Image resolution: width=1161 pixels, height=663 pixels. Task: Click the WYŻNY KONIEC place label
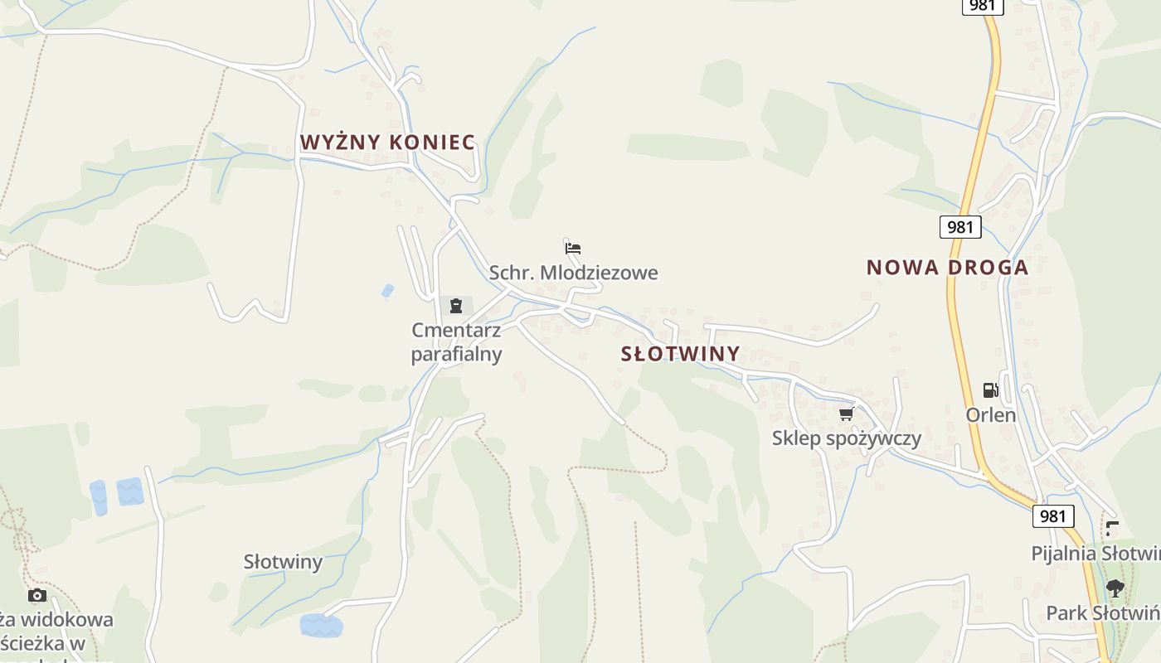click(387, 143)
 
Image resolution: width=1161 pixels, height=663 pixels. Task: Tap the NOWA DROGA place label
click(947, 268)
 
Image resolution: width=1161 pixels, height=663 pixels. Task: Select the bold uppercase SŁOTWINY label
click(680, 354)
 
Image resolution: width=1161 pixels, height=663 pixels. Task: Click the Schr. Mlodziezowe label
click(573, 273)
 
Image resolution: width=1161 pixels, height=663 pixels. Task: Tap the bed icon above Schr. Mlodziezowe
click(573, 248)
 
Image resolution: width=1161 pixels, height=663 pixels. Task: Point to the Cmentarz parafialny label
click(457, 342)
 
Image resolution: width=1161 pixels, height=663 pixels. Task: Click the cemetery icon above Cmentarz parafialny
click(455, 306)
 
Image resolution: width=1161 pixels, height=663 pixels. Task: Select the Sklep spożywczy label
click(846, 438)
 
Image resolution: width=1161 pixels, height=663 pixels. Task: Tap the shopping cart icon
click(846, 414)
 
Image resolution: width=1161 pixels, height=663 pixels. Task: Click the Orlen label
click(990, 414)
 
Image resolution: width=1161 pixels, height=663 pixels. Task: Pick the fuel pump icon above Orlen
click(990, 390)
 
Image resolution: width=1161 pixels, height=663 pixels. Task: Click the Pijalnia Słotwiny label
click(1095, 553)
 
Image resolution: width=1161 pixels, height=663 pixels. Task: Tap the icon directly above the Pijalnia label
click(1112, 528)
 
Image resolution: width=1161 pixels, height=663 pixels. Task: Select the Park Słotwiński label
click(1102, 613)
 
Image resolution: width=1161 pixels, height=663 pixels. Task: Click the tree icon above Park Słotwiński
click(1115, 588)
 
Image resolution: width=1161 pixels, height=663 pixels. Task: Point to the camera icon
click(37, 595)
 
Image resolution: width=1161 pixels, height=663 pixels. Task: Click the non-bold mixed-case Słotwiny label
click(283, 562)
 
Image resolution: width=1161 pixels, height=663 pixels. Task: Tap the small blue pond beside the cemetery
click(387, 291)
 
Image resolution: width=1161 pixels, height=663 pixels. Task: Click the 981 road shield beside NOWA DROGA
click(960, 227)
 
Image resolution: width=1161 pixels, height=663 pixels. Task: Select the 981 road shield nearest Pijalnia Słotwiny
click(1053, 516)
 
